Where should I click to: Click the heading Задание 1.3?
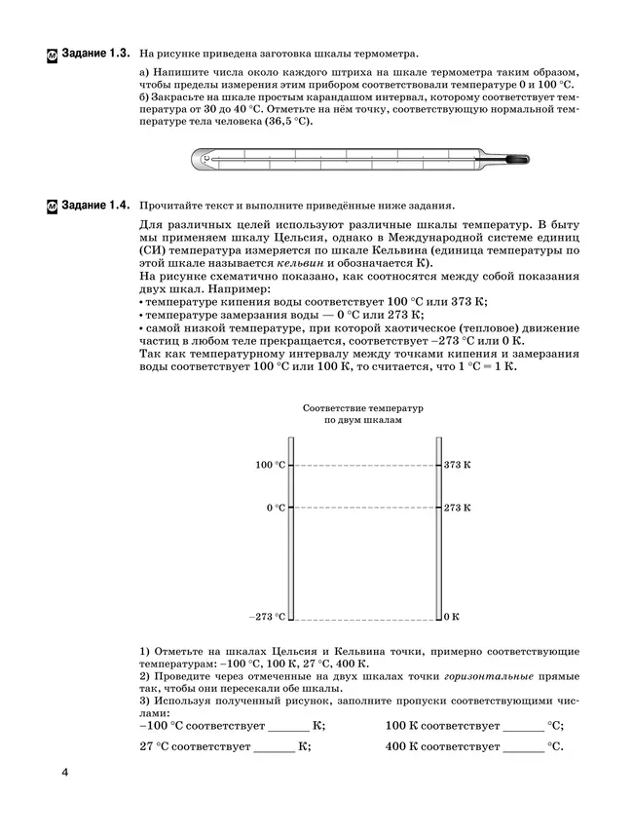(x=94, y=52)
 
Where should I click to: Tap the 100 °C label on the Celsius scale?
(x=270, y=466)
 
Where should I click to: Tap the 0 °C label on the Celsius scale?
(x=276, y=508)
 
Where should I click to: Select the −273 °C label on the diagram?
(x=267, y=617)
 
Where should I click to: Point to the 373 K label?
(x=457, y=466)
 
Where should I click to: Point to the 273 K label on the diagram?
(x=457, y=508)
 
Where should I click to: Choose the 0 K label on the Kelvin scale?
(x=451, y=617)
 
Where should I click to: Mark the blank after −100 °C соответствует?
(x=288, y=728)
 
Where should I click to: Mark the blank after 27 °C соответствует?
(x=275, y=748)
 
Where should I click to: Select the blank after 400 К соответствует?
(x=524, y=748)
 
